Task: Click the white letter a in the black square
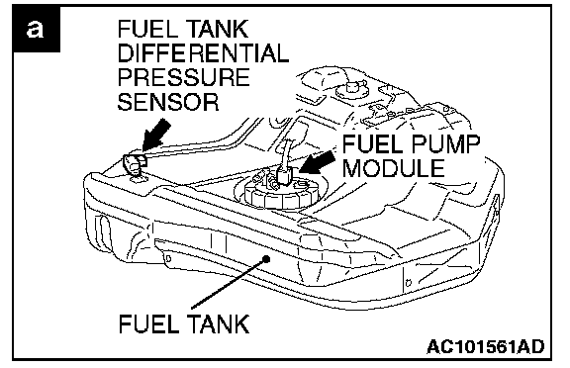click(x=35, y=30)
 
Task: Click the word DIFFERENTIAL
click(x=203, y=53)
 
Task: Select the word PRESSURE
click(x=184, y=77)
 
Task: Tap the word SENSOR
click(x=168, y=101)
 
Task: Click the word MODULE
click(x=394, y=168)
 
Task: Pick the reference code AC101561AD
click(x=485, y=346)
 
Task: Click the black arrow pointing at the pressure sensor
click(x=156, y=135)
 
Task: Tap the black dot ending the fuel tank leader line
click(x=266, y=259)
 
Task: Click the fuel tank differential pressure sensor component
click(x=134, y=164)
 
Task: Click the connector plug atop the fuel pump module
click(x=285, y=175)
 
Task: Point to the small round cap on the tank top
click(x=351, y=88)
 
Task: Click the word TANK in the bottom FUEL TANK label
click(x=219, y=323)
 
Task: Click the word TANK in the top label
click(x=218, y=29)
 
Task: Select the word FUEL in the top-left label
click(x=149, y=29)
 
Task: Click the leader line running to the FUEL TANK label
click(x=229, y=283)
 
